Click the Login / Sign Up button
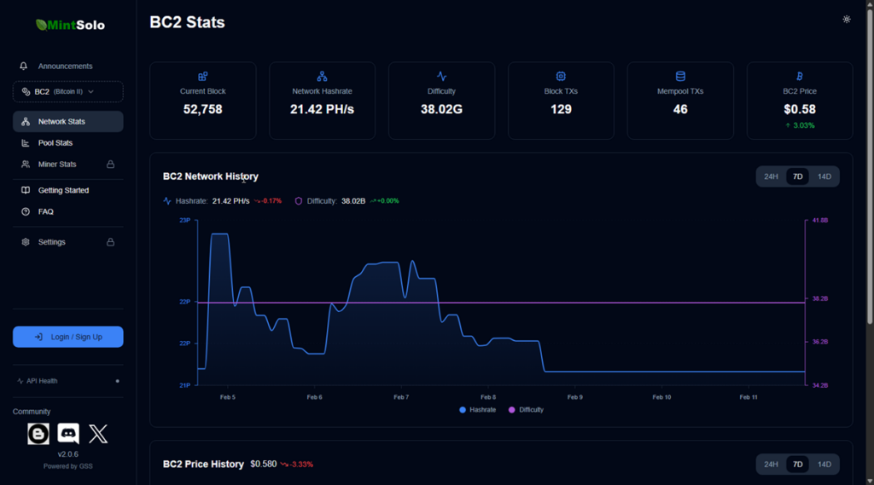(68, 337)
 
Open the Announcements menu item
(65, 66)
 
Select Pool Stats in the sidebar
(55, 143)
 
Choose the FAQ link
(45, 211)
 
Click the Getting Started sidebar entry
(63, 190)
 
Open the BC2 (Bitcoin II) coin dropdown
(68, 91)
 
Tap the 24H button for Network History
(771, 176)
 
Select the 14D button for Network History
(824, 176)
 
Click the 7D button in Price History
(797, 465)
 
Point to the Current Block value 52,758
(202, 109)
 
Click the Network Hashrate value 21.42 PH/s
(322, 109)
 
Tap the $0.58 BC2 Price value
(800, 109)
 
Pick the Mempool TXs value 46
(680, 109)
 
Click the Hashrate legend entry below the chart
(478, 410)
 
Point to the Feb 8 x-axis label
(488, 397)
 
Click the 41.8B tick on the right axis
(820, 221)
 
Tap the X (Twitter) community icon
(98, 434)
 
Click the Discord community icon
(68, 434)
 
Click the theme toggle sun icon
(846, 19)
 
